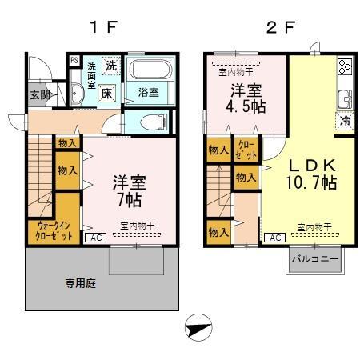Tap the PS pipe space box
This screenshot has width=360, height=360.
pos(74,60)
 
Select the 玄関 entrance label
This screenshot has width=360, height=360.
pos(40,94)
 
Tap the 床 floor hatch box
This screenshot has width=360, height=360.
pos(107,93)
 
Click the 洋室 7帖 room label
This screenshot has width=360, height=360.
pos(127,188)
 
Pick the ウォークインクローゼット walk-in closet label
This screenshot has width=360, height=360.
pos(54,232)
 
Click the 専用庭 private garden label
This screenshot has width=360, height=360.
pos(80,283)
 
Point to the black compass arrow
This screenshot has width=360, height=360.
pos(197,329)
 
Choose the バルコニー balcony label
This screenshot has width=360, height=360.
pos(317,260)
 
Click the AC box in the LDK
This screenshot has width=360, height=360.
pos(273,238)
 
